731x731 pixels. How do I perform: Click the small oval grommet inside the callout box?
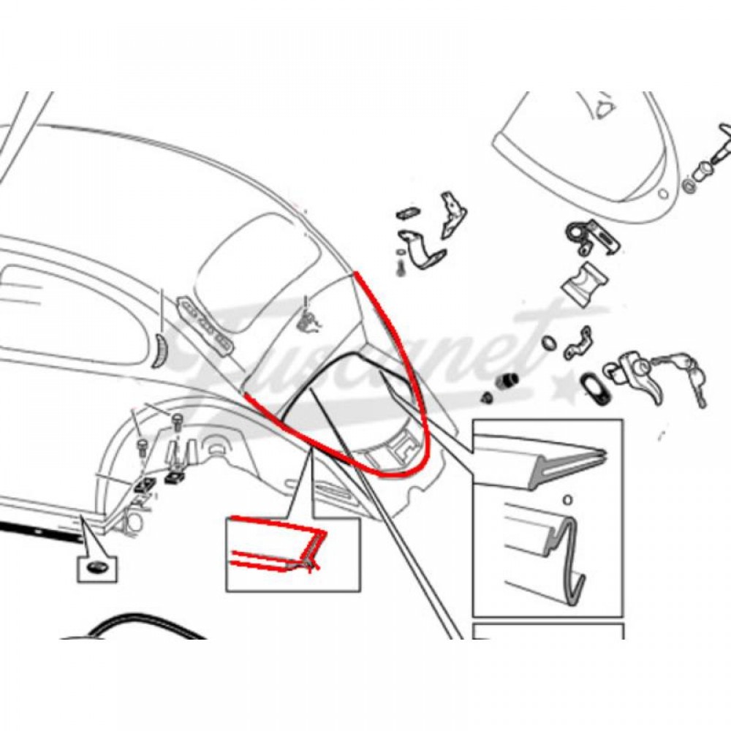tap(97, 567)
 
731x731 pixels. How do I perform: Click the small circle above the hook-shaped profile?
tap(567, 500)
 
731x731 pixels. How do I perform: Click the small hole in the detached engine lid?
tap(664, 194)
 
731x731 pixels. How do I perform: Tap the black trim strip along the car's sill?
tap(40, 531)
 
